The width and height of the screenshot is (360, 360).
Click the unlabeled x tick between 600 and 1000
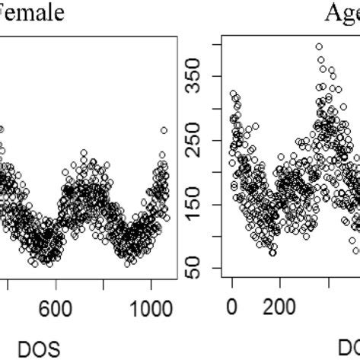pos(104,285)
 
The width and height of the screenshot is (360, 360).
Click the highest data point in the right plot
pos(319,46)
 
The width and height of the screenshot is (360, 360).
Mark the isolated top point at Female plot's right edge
pos(164,130)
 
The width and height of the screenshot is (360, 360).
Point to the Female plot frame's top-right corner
pos(178,32)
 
